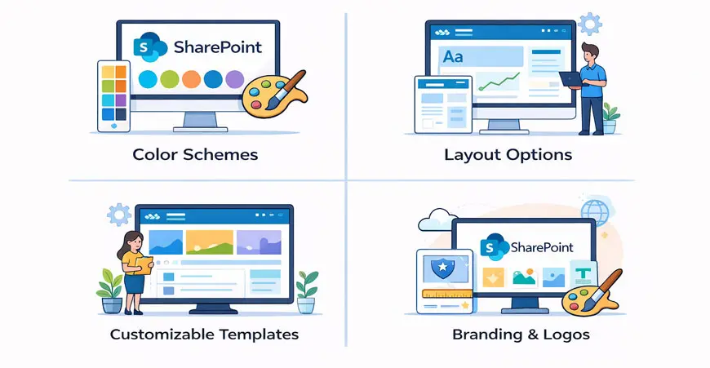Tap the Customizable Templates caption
pos(204,334)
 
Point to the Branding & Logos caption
pos(521,335)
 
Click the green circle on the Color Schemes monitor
pos(169,79)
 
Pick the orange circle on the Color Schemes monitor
pos(191,79)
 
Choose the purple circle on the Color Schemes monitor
pos(234,79)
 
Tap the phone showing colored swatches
pos(114,95)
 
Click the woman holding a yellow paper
pos(134,269)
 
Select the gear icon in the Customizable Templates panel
pos(119,215)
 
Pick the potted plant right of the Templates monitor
pos(307,290)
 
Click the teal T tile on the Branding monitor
pos(583,276)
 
